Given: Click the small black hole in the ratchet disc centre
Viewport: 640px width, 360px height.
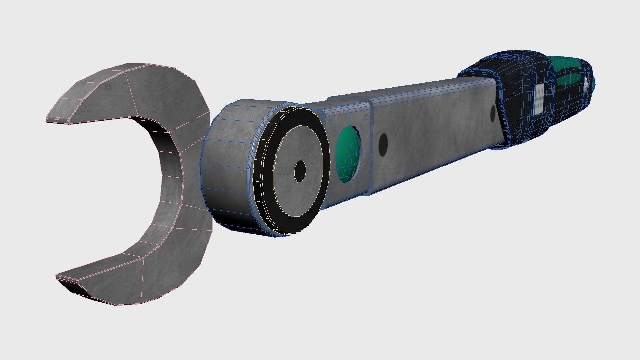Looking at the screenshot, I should click(300, 171).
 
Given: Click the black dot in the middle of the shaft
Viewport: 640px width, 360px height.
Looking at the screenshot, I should click(383, 145).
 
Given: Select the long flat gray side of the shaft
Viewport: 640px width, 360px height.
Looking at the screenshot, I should click(433, 133).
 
